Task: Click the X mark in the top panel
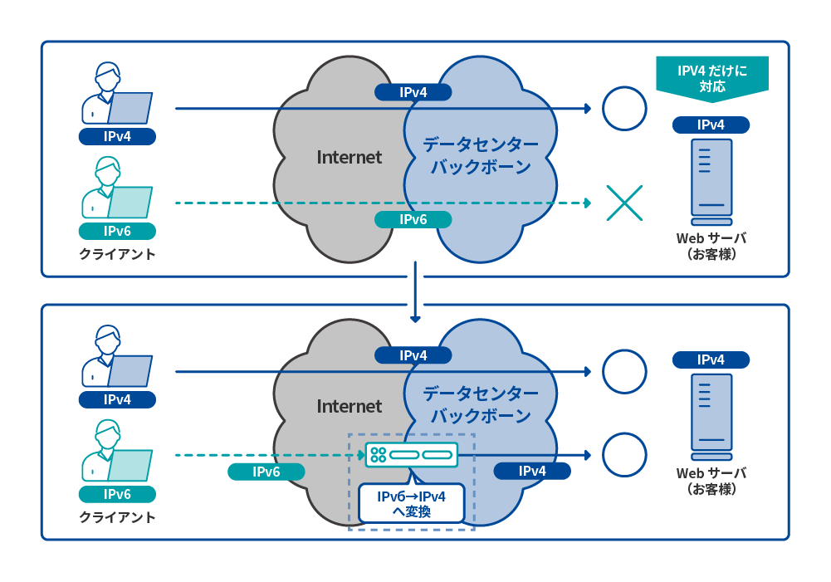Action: [624, 203]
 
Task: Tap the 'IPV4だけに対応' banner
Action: [711, 77]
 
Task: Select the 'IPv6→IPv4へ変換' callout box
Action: [411, 504]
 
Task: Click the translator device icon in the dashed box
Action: [411, 455]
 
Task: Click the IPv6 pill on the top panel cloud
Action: [413, 219]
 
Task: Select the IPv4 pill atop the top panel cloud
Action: [413, 92]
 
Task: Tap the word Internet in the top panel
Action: [349, 157]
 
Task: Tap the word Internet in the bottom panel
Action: [349, 406]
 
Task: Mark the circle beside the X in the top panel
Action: [623, 109]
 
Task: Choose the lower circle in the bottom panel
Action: [623, 455]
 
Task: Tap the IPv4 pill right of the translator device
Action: [532, 472]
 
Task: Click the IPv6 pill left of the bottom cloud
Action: [266, 472]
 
